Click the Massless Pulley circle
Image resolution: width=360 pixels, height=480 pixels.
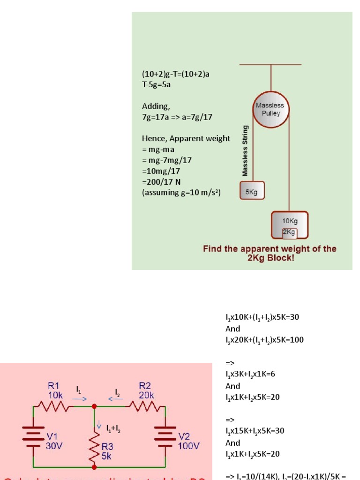pyautogui.click(x=270, y=110)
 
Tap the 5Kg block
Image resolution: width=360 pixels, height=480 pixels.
pyautogui.click(x=252, y=192)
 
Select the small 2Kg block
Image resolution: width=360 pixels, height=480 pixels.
pyautogui.click(x=289, y=232)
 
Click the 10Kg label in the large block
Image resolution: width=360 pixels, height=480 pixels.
pyautogui.click(x=290, y=220)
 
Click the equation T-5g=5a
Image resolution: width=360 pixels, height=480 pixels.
pyautogui.click(x=157, y=85)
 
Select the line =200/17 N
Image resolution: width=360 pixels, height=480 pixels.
pyautogui.click(x=161, y=182)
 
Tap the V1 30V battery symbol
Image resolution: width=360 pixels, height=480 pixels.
pyautogui.click(x=33, y=436)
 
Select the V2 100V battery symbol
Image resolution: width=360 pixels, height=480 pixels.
pyautogui.click(x=165, y=436)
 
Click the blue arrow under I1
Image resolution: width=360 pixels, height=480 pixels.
pyautogui.click(x=79, y=399)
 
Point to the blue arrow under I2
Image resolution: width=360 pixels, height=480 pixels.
pyautogui.click(x=116, y=399)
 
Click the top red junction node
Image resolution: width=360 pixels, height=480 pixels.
pyautogui.click(x=94, y=406)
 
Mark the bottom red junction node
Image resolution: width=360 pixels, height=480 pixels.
pyautogui.click(x=94, y=467)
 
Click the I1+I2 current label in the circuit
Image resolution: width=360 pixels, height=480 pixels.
pyautogui.click(x=115, y=427)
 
